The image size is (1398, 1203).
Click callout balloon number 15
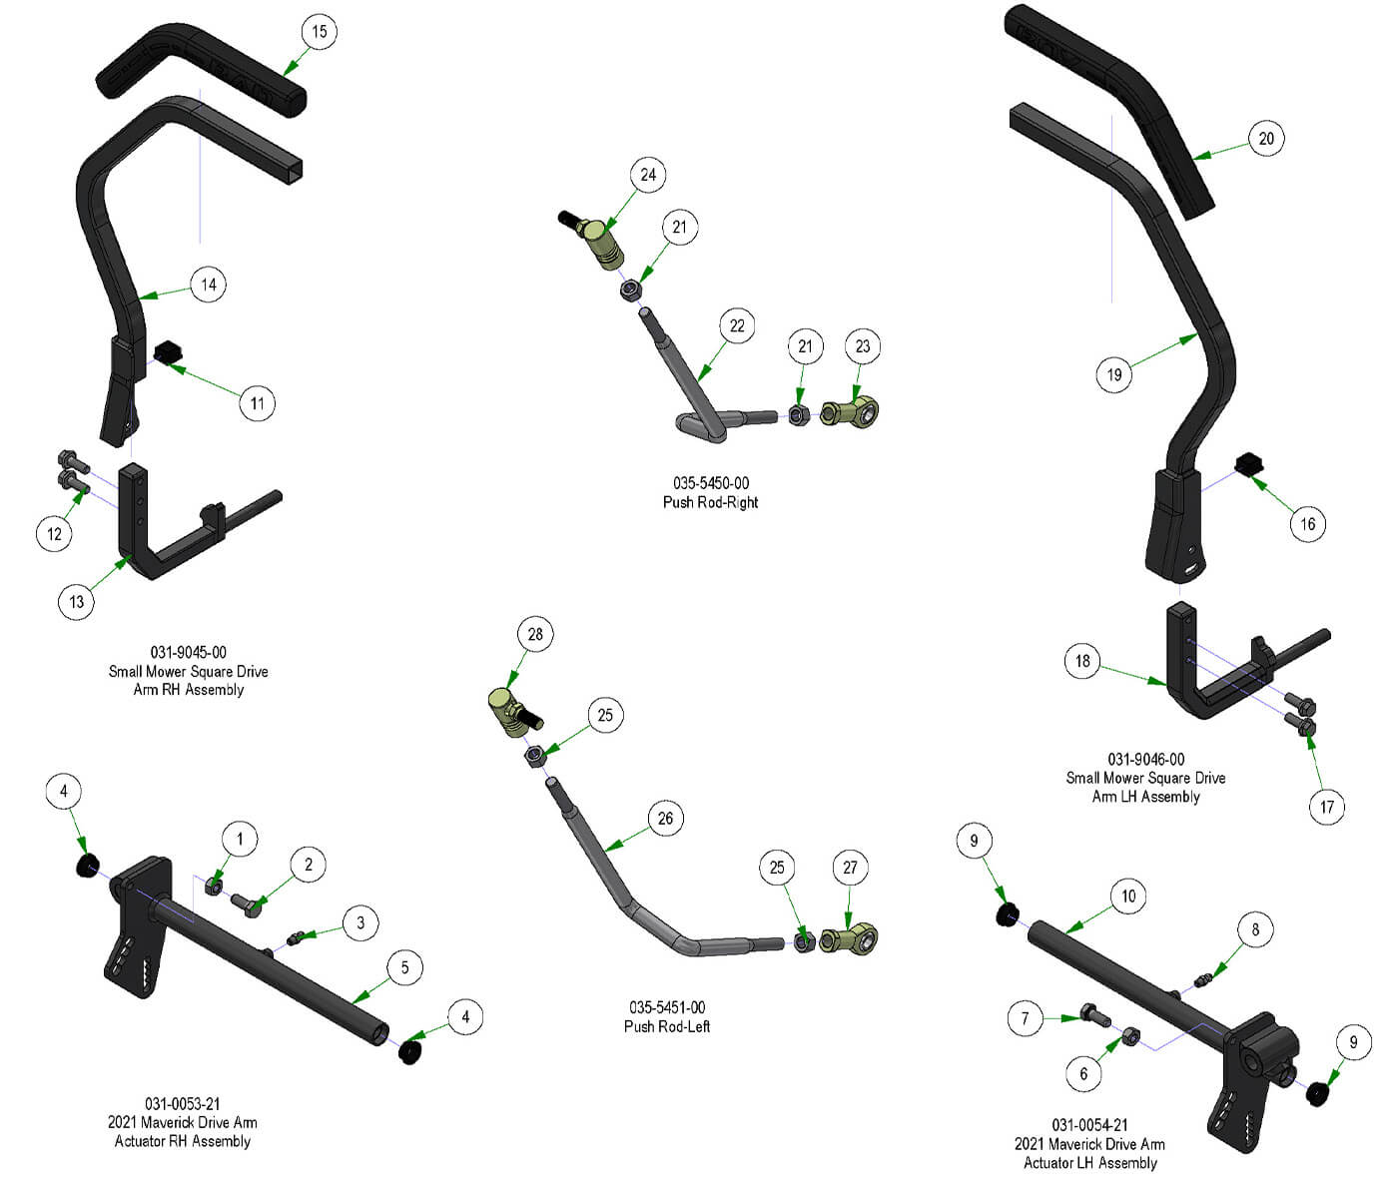click(320, 32)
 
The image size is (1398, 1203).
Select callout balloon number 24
click(648, 176)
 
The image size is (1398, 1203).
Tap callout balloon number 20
click(1266, 139)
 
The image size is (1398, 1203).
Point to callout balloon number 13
click(77, 602)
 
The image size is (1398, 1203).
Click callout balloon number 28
click(535, 635)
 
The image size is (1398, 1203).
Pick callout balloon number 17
click(1327, 807)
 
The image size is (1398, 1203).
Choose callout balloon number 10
click(1128, 897)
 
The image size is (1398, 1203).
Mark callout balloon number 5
click(404, 967)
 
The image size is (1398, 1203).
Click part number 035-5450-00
click(710, 483)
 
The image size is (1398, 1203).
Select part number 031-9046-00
click(1145, 759)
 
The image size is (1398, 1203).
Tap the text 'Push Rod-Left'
click(667, 1026)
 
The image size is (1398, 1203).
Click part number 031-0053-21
click(182, 1104)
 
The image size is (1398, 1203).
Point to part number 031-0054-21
click(1089, 1125)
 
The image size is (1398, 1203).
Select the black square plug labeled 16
click(1249, 464)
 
